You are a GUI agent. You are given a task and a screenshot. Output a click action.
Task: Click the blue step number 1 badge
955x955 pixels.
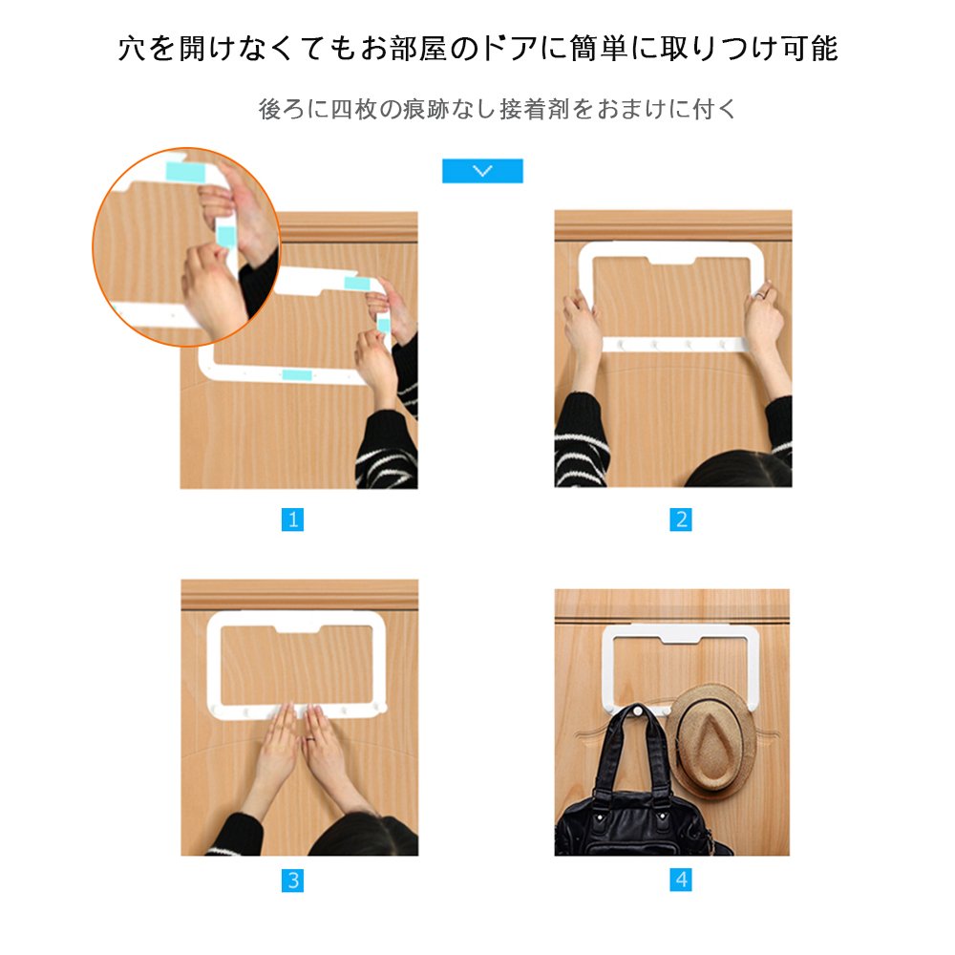point(292,520)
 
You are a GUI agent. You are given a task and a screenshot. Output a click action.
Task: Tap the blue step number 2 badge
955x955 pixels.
point(681,520)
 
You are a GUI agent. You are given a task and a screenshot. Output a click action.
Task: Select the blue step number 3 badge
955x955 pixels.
point(292,881)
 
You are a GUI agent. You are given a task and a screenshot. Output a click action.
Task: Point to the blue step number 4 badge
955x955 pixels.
point(681,880)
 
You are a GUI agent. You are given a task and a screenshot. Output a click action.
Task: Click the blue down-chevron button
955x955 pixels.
point(482,171)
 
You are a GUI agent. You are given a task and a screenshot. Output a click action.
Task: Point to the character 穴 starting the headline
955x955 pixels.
point(133,49)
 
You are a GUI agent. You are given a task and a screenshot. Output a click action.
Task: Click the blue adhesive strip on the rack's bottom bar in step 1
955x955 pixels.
point(297,374)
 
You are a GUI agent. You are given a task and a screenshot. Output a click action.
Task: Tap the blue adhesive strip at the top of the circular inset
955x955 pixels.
point(185,171)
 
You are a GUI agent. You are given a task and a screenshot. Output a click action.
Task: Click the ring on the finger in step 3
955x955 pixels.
point(310,740)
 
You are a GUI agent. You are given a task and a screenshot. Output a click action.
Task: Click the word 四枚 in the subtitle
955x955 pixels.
point(354,109)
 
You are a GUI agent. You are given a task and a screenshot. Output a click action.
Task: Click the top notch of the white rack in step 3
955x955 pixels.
point(298,626)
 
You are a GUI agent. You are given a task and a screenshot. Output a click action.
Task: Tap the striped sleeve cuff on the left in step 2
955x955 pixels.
point(581,437)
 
